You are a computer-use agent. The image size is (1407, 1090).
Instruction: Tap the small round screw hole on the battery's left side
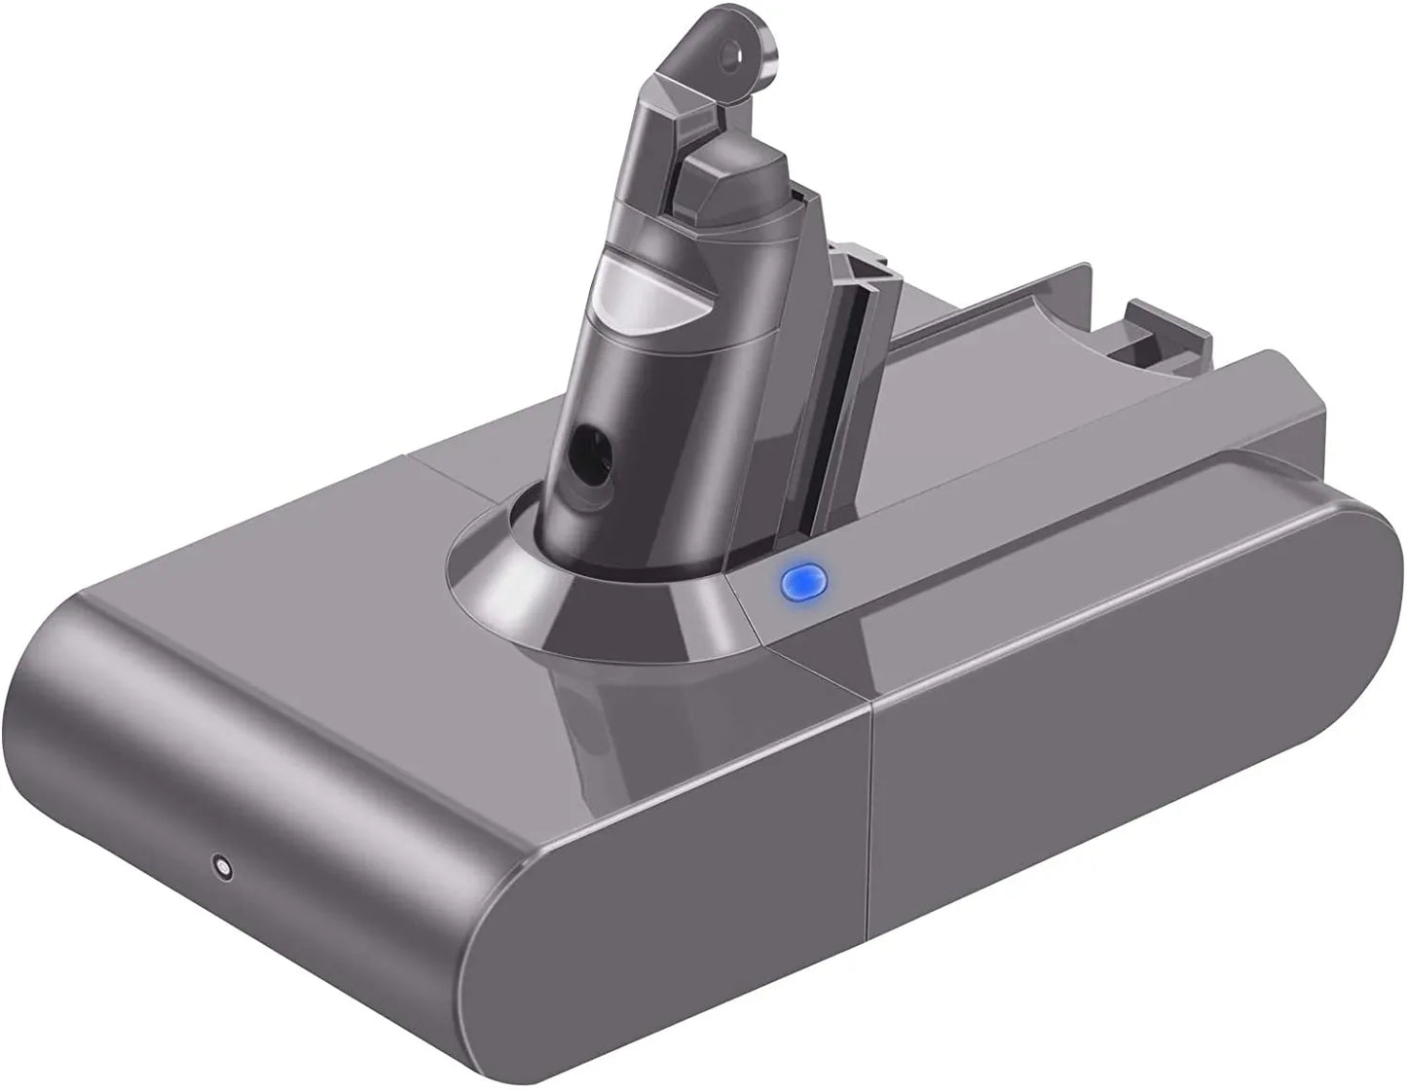click(x=223, y=865)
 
